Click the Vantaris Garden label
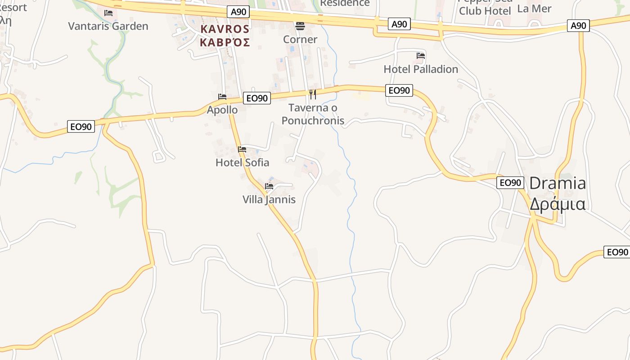point(108,26)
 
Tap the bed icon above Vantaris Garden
point(108,13)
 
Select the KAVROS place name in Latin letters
point(225,29)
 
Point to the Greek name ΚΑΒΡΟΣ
point(225,43)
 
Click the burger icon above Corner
point(300,26)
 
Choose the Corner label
point(300,40)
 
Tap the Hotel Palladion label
point(421,69)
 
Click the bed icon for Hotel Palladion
point(421,56)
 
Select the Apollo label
point(222,110)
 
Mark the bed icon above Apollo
point(222,97)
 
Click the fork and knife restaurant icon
point(313,94)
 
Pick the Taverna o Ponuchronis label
point(313,114)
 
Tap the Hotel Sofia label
point(242,162)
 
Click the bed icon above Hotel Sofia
point(242,149)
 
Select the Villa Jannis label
point(269,199)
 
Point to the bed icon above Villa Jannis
point(269,186)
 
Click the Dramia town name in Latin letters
point(558,184)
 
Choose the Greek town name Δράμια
point(558,204)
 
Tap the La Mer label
point(534,9)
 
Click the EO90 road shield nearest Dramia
point(510,183)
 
